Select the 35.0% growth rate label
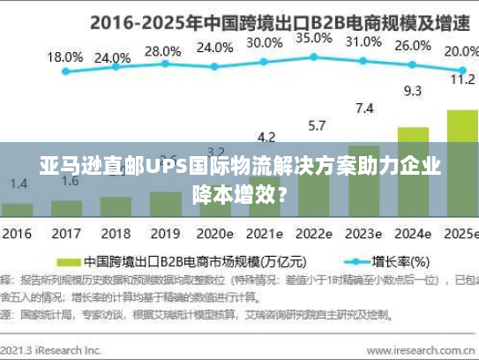point(313,38)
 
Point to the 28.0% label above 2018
point(162,50)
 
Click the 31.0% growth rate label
point(363,41)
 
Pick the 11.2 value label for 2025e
point(461,79)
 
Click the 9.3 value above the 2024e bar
point(412,90)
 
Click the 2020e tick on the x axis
point(216,235)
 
